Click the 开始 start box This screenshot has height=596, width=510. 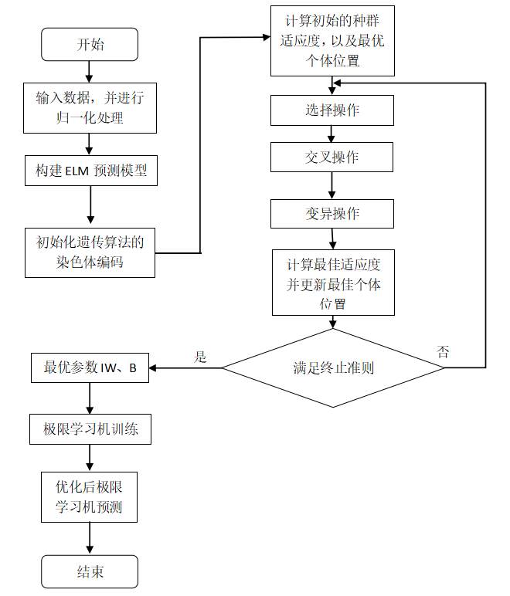(90, 45)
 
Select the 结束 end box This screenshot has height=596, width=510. (90, 572)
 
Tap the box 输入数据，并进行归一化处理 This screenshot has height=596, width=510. (90, 107)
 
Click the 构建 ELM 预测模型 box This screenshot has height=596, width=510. (90, 171)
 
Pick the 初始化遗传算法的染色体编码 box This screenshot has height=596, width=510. (90, 252)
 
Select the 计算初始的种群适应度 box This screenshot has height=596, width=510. (332, 41)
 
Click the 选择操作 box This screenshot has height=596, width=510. (332, 110)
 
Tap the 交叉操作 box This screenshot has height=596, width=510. (332, 157)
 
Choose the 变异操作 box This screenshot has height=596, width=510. (332, 213)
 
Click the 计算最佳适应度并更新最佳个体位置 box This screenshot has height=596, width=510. (333, 283)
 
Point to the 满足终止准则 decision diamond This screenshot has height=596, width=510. (333, 368)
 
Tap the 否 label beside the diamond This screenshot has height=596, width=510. (444, 353)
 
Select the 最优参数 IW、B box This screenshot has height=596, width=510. (90, 368)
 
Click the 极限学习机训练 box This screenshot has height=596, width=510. (90, 428)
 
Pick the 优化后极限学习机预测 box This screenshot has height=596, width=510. (90, 498)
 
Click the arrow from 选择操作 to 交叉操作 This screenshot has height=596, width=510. (332, 134)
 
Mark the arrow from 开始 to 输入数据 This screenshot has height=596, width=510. (90, 71)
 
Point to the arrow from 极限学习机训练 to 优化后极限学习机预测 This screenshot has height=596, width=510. (90, 458)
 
